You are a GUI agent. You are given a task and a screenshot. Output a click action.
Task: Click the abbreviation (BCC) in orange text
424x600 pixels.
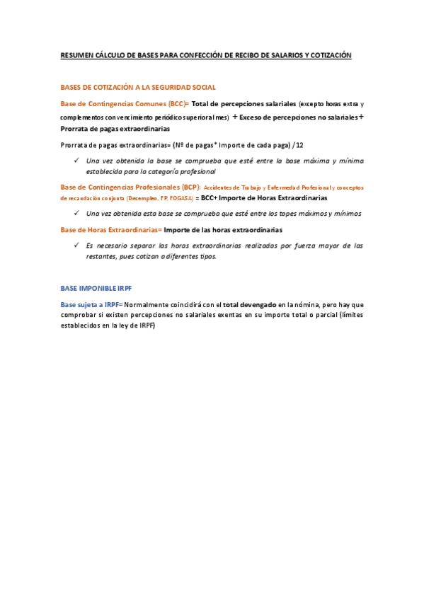[x=176, y=103]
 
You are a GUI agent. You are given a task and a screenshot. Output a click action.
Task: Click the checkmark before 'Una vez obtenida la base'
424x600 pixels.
[x=76, y=161]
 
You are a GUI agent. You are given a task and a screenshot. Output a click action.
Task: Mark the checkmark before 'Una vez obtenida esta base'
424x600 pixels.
[x=76, y=213]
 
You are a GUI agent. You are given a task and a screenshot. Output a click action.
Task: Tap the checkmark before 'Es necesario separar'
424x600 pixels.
[x=76, y=246]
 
